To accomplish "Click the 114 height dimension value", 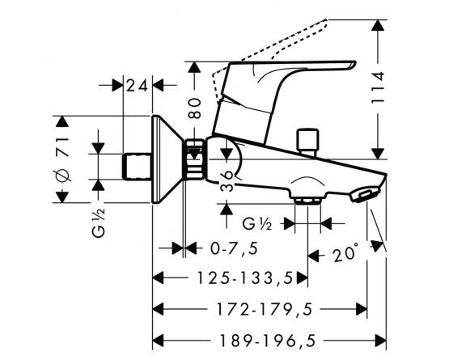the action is (379, 87).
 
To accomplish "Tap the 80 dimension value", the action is (194, 108).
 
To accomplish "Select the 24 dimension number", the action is (138, 86).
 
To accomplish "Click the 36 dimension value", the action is (226, 181).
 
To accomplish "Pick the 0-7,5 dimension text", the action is (234, 248).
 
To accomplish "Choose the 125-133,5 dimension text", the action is (245, 278).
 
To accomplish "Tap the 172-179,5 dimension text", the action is (265, 309).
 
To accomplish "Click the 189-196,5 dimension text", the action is (268, 341).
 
